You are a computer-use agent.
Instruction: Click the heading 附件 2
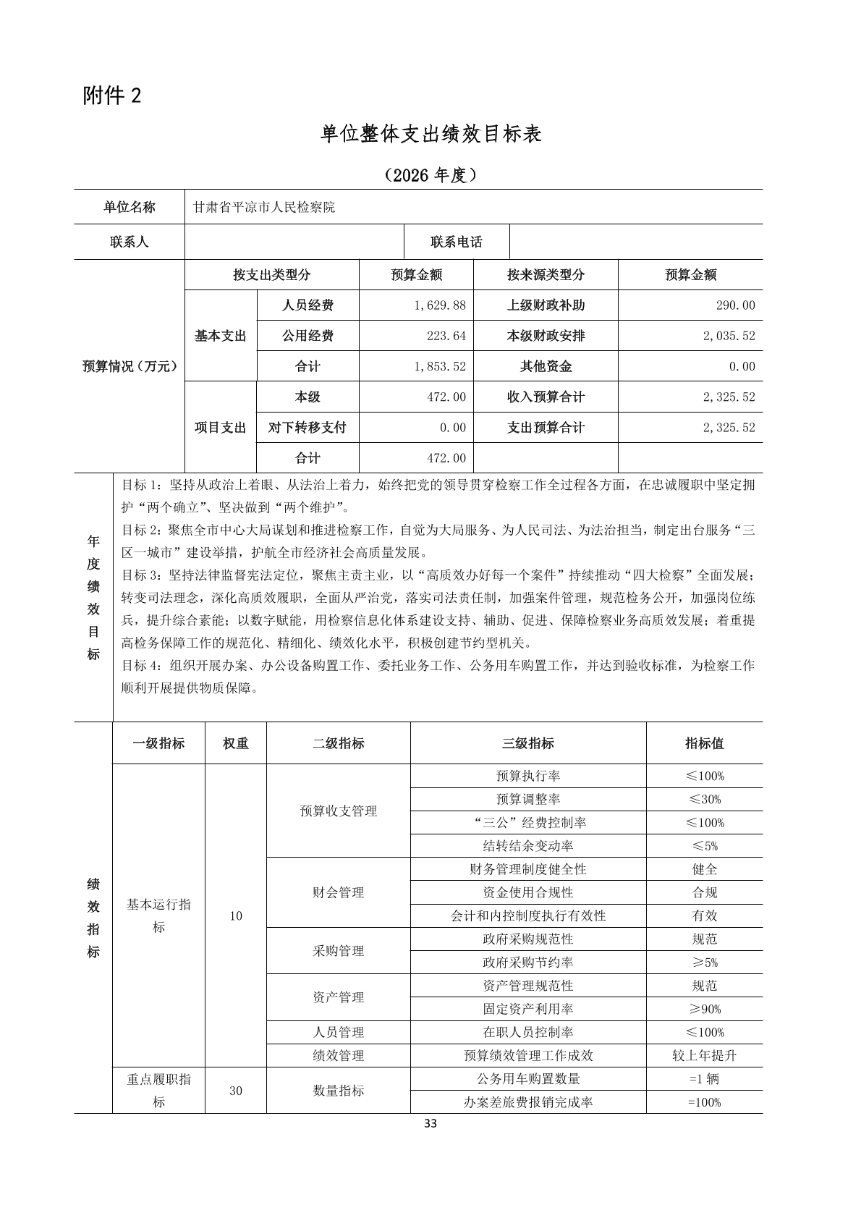click(x=112, y=96)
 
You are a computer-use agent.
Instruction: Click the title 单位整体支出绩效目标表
click(x=430, y=134)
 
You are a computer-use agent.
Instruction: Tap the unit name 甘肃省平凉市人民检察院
click(x=264, y=208)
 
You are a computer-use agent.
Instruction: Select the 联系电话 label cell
click(x=456, y=242)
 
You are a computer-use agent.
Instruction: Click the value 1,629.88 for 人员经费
click(x=440, y=305)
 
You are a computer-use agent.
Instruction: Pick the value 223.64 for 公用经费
click(x=446, y=336)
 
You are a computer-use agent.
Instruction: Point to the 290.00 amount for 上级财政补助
click(x=735, y=305)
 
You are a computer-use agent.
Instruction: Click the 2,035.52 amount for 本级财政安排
click(x=729, y=336)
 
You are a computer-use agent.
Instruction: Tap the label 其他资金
click(x=546, y=366)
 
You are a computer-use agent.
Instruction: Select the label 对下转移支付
click(x=307, y=428)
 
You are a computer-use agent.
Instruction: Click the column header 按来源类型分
click(x=546, y=275)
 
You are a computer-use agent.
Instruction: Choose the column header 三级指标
click(x=528, y=743)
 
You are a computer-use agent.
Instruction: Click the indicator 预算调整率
click(x=528, y=799)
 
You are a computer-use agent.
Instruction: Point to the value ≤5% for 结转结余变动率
click(x=704, y=846)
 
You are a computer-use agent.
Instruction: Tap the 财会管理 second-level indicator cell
click(x=338, y=892)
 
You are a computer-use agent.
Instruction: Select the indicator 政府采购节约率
click(x=528, y=963)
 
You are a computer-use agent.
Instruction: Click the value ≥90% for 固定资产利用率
click(x=704, y=1009)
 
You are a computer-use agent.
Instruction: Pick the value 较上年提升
click(x=704, y=1055)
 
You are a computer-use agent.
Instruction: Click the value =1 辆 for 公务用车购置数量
click(x=704, y=1078)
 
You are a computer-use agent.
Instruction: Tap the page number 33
click(x=430, y=1124)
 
